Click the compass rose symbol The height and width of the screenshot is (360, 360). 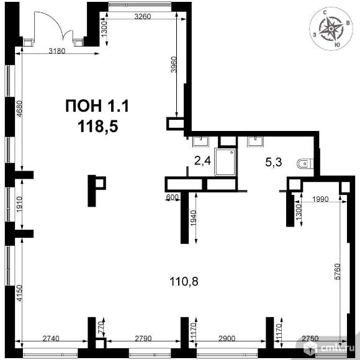tap(331, 29)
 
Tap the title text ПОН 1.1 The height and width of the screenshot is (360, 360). tap(97, 106)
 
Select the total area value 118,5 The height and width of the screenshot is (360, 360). tap(98, 127)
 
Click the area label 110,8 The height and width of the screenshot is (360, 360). tap(184, 281)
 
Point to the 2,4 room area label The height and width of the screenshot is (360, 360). tap(202, 161)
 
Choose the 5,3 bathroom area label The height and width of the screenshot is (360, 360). tap(274, 163)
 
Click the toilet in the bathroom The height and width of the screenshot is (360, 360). tap(305, 164)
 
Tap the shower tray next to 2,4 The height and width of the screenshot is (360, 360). tap(225, 162)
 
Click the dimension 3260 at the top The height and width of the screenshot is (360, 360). tap(143, 17)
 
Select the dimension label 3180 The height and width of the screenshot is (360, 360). tap(57, 50)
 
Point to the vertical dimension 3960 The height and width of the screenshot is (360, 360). tap(174, 65)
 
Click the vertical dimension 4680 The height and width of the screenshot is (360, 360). tap(19, 109)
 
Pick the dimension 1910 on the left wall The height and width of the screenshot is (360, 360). tap(19, 204)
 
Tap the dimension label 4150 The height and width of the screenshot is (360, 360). tap(19, 293)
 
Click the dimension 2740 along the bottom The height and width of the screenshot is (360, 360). tap(51, 338)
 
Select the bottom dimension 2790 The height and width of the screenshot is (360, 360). tap(143, 338)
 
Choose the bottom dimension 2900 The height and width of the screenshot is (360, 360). tap(227, 338)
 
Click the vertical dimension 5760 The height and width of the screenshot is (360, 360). tap(338, 272)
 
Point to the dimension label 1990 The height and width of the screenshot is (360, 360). tap(321, 199)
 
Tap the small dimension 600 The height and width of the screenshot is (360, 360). tap(172, 197)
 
